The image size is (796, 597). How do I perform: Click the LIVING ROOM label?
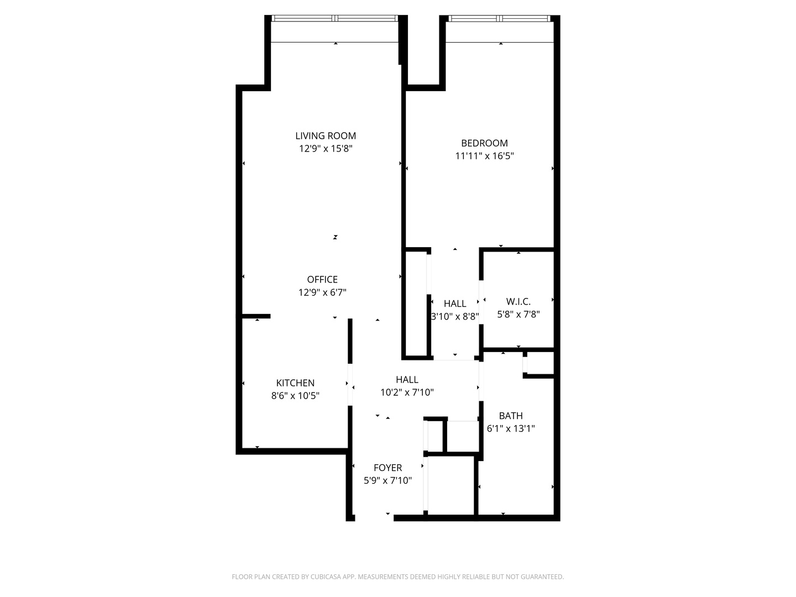pyautogui.click(x=326, y=136)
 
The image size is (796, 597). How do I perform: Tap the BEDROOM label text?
pyautogui.click(x=484, y=143)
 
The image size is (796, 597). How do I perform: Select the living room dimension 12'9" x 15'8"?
pyautogui.click(x=326, y=149)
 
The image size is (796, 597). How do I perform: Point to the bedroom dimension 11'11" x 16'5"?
pyautogui.click(x=484, y=156)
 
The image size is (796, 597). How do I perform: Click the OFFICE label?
pyautogui.click(x=322, y=280)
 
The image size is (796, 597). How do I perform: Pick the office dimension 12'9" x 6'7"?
pyautogui.click(x=322, y=292)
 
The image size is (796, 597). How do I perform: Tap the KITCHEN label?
pyautogui.click(x=295, y=383)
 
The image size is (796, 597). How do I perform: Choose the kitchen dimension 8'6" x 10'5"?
pyautogui.click(x=295, y=396)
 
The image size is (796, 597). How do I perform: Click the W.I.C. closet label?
pyautogui.click(x=518, y=302)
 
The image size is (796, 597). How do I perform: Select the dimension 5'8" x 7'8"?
pyautogui.click(x=518, y=315)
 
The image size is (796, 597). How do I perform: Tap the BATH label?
pyautogui.click(x=511, y=416)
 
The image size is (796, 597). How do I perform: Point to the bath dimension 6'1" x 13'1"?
pyautogui.click(x=511, y=428)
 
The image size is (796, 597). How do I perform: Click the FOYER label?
pyautogui.click(x=387, y=468)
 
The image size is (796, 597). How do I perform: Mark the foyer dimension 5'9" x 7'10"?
pyautogui.click(x=387, y=481)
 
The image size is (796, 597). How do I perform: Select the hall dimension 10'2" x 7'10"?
pyautogui.click(x=407, y=392)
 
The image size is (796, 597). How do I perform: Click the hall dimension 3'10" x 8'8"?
pyautogui.click(x=455, y=317)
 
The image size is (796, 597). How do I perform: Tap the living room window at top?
pyautogui.click(x=335, y=18)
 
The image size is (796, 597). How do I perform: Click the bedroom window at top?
pyautogui.click(x=500, y=18)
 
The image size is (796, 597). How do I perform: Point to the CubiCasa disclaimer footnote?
pyautogui.click(x=397, y=577)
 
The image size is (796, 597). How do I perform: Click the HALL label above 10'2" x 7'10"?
pyautogui.click(x=407, y=380)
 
